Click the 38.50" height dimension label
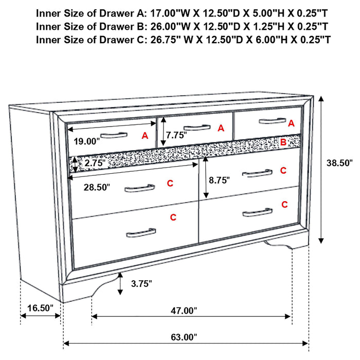(339, 163)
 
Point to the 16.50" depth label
(40, 308)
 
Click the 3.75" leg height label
(141, 283)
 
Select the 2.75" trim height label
(95, 163)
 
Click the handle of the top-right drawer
(272, 121)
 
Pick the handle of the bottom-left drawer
(141, 232)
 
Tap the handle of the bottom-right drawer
(257, 212)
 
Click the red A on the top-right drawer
(291, 123)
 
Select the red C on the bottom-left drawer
(173, 218)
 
